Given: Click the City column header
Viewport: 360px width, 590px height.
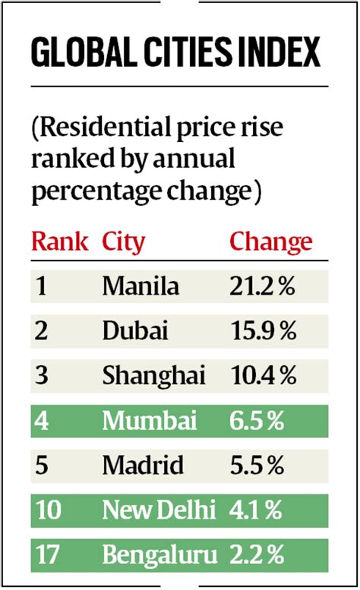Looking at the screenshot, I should point(123,242).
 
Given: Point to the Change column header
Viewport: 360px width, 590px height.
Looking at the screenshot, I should point(270,242).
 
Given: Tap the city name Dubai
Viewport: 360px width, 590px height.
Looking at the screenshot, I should point(134,330).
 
